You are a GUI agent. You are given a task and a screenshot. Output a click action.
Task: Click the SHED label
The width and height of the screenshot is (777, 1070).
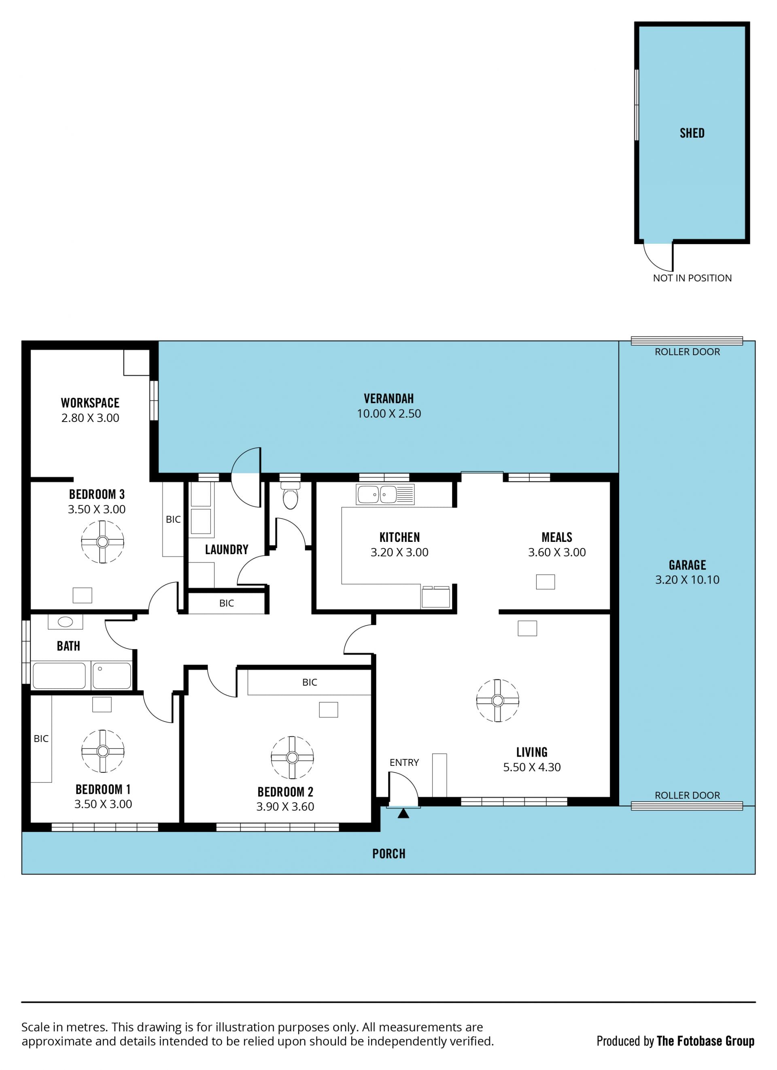coord(692,133)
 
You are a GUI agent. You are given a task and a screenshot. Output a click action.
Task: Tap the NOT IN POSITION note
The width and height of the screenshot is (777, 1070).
coord(692,278)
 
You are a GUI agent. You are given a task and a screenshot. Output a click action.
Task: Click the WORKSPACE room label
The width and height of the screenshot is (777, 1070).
coord(90,403)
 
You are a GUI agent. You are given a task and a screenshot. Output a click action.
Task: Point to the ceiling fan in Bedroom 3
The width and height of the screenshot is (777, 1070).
coord(102,541)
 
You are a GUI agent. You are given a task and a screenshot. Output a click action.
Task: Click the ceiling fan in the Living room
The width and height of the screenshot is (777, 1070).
coord(497,701)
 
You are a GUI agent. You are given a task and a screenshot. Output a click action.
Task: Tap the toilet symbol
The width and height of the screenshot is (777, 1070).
coord(291,495)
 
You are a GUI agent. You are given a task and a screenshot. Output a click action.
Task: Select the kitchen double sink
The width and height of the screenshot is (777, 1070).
coord(385,495)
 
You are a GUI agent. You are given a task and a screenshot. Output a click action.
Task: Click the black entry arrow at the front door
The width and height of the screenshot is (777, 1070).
coord(403,813)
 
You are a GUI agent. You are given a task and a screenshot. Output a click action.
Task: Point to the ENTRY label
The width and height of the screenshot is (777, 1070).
coord(404,762)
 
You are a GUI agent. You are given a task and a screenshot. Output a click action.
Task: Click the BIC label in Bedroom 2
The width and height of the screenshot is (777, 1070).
coord(310,682)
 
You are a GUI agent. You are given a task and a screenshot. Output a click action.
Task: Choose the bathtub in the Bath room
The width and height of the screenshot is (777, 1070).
coord(59,676)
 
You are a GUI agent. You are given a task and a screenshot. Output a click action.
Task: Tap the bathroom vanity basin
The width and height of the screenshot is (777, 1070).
coord(65,622)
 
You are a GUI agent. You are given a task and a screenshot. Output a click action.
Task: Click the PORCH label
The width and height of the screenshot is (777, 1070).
coord(389,853)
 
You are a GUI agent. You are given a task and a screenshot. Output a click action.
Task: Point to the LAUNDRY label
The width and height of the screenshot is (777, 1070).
coord(227,550)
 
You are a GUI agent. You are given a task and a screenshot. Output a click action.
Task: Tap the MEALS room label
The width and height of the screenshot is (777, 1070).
coord(557,537)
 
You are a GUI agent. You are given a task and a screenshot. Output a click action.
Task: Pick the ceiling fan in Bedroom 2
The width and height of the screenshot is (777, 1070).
coord(292,757)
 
